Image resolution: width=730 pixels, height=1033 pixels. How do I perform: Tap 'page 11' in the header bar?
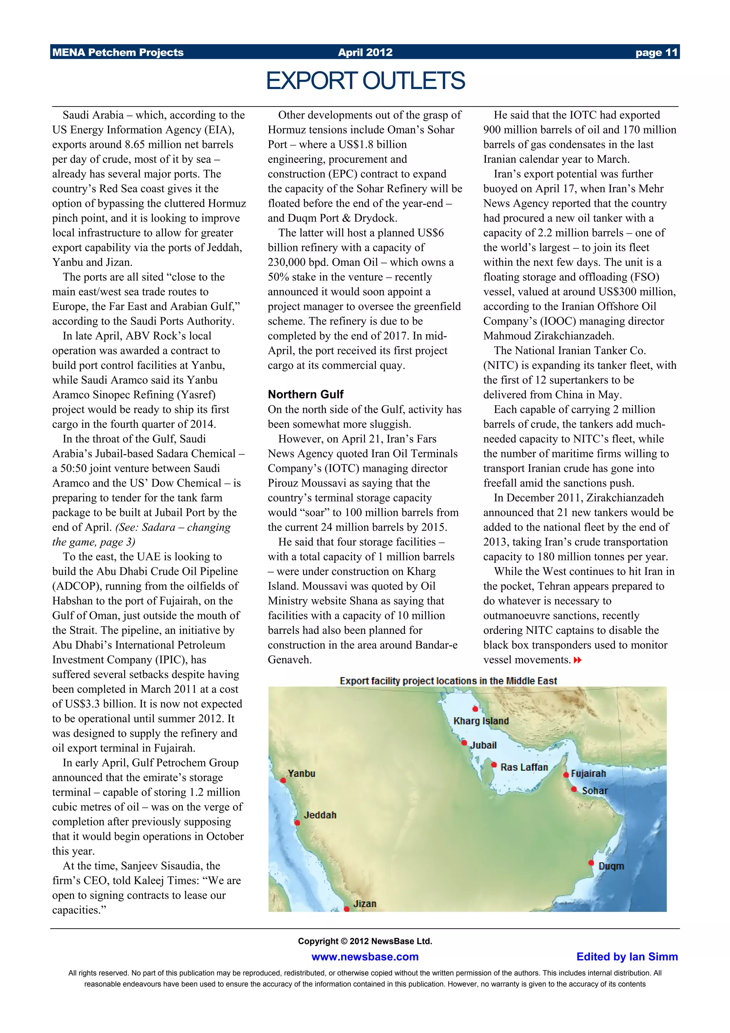(656, 53)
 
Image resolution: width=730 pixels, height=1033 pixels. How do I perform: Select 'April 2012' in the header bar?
(365, 53)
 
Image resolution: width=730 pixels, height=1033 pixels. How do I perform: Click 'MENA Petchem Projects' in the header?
(118, 53)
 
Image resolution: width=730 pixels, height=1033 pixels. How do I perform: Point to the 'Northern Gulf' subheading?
(305, 395)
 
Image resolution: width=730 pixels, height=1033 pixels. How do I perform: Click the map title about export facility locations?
(448, 681)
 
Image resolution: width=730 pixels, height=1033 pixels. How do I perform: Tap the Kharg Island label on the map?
(481, 721)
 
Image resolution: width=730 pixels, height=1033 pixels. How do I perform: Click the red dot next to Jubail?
(464, 743)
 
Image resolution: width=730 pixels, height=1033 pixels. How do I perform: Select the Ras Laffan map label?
(524, 767)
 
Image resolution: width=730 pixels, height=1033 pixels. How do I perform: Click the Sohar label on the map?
(594, 791)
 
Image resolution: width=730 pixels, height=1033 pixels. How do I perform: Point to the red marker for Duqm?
(591, 863)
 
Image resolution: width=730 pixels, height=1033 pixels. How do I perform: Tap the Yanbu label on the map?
(301, 774)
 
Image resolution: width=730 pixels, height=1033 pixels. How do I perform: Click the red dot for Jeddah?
(297, 823)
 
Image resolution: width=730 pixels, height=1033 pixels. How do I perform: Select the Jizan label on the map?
(364, 903)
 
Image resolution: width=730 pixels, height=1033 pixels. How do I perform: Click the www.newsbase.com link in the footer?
(365, 957)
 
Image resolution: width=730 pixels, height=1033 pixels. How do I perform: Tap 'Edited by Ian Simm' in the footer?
(627, 957)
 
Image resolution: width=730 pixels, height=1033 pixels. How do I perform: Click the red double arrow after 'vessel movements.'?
(577, 660)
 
